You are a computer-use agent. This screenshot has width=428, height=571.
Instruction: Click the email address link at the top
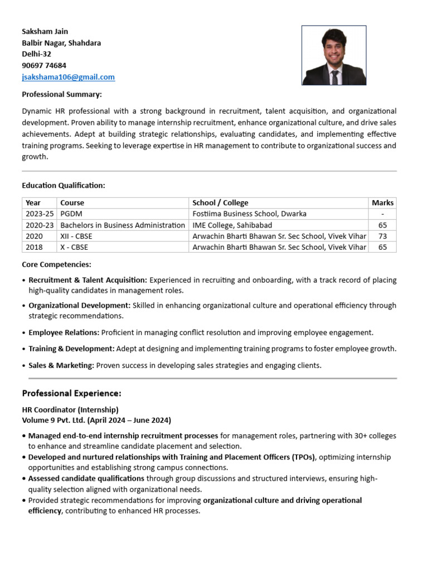click(x=68, y=77)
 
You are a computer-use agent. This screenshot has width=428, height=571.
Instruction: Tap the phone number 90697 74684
click(x=44, y=65)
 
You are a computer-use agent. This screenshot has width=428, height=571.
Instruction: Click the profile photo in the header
click(x=334, y=55)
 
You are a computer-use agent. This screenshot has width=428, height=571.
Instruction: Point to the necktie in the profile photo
click(x=334, y=76)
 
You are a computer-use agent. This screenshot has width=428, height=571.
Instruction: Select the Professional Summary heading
click(x=62, y=94)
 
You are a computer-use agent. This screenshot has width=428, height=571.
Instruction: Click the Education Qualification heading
click(x=64, y=185)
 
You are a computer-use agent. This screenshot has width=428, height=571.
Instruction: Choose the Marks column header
click(x=382, y=202)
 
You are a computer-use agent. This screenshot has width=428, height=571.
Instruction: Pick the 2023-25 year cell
click(x=39, y=214)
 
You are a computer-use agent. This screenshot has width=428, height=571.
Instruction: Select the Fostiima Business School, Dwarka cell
click(x=249, y=214)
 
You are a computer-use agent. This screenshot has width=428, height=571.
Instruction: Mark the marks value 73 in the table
click(x=382, y=236)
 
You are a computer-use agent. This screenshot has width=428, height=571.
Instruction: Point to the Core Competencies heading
click(x=56, y=264)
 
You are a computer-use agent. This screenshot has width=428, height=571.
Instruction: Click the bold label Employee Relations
click(x=64, y=332)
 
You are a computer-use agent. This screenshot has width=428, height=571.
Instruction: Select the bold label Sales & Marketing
click(x=61, y=366)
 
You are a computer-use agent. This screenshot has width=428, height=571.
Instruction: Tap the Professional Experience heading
click(x=71, y=393)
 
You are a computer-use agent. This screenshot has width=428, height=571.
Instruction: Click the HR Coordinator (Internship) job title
click(x=70, y=409)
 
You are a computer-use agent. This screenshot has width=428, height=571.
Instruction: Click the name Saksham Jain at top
click(x=45, y=31)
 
